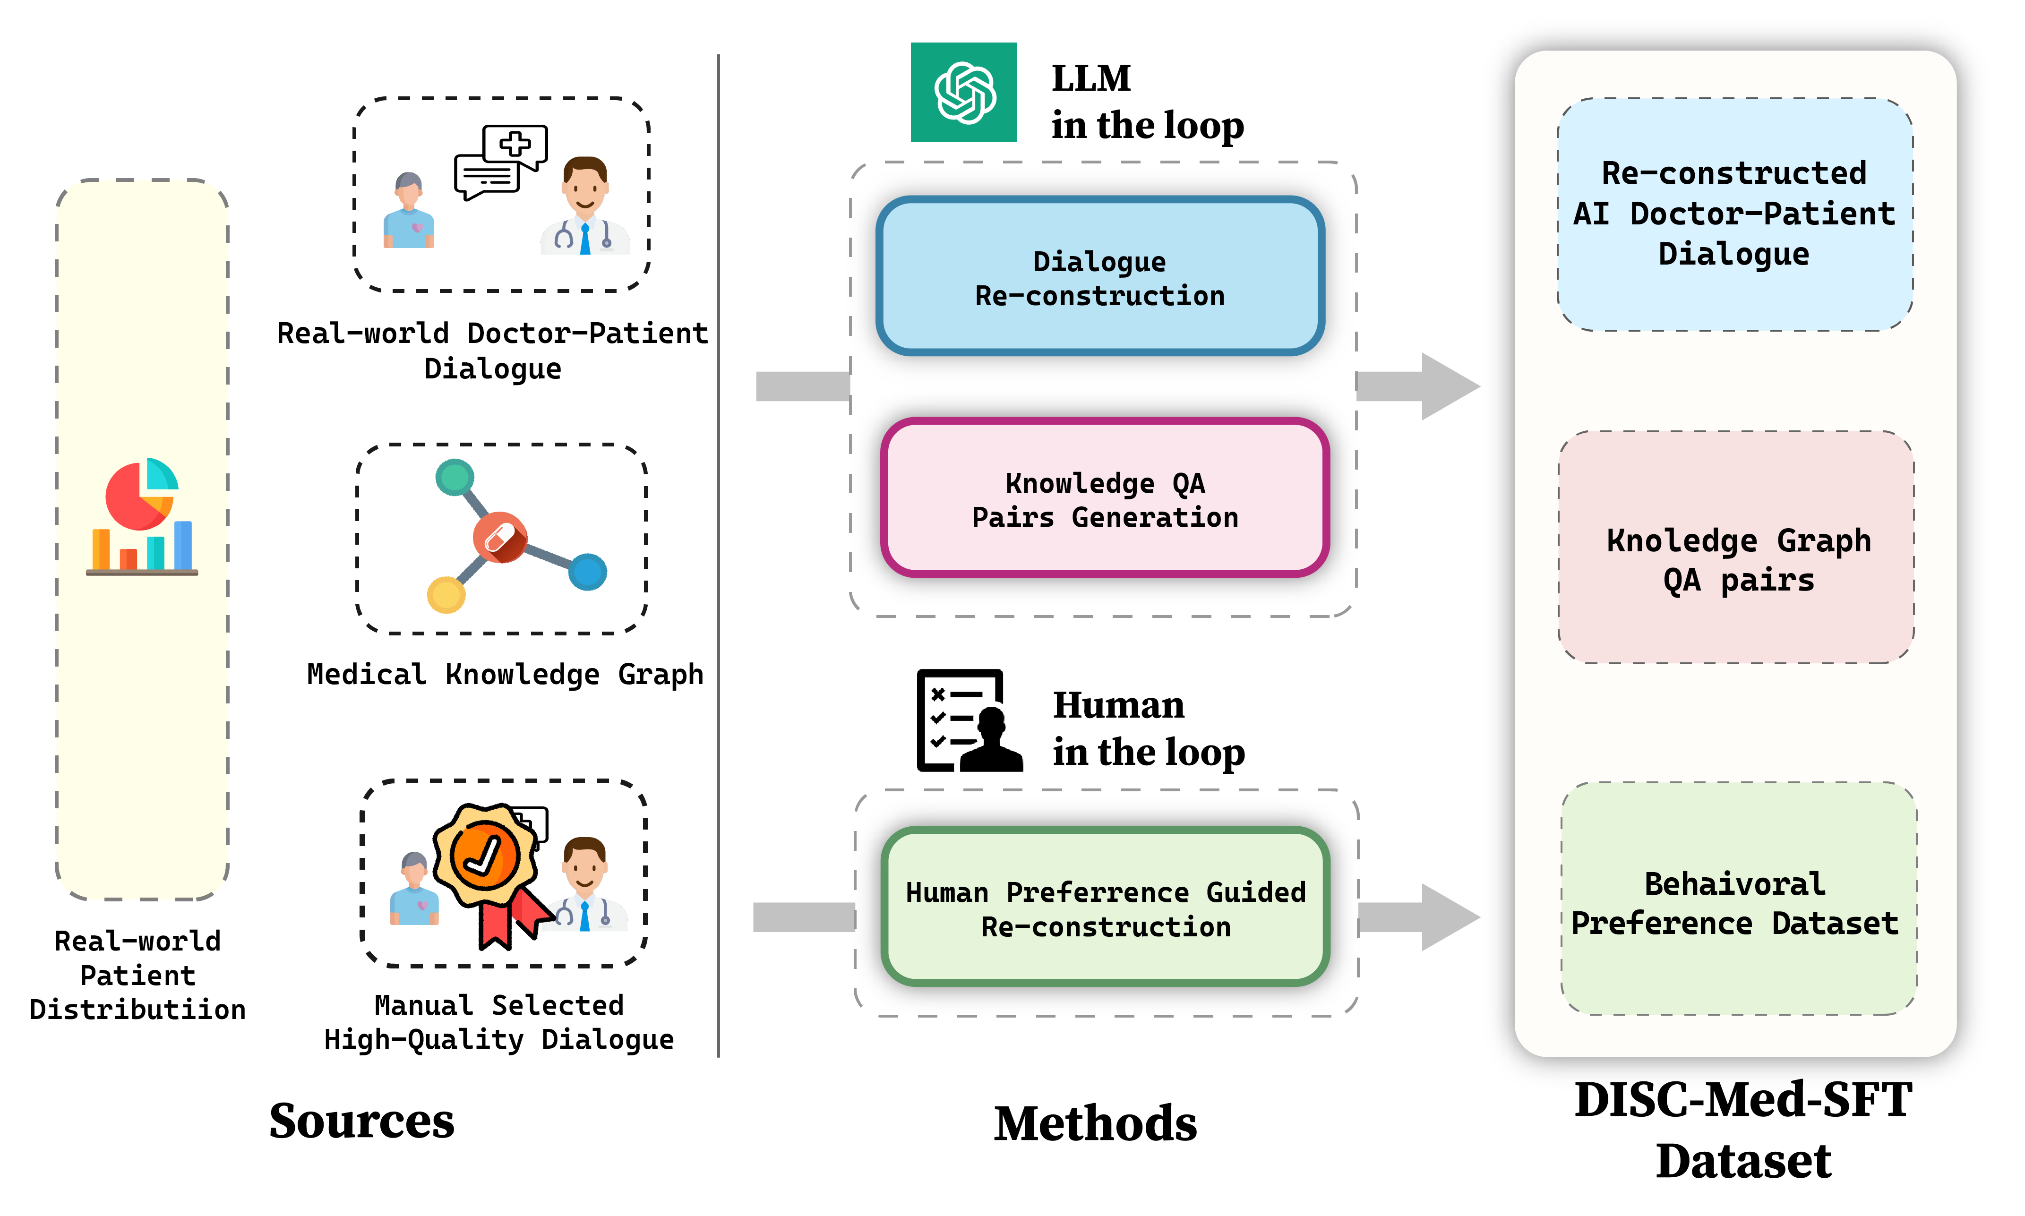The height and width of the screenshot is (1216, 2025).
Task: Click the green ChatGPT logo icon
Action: click(964, 93)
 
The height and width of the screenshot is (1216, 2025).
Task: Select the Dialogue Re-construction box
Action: click(1100, 277)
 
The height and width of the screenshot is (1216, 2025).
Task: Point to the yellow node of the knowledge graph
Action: click(446, 594)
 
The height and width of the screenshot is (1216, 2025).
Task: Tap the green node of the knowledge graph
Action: click(455, 477)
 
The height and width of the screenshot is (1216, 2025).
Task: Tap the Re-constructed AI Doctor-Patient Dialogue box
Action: click(1734, 214)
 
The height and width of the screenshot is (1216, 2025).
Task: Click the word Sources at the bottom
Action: click(361, 1121)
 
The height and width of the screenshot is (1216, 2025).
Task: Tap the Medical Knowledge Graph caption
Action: click(505, 674)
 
